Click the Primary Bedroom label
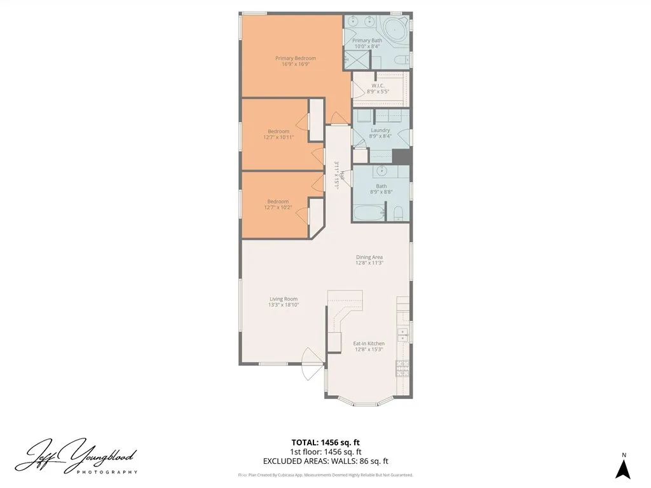click(x=295, y=58)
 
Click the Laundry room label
click(x=380, y=130)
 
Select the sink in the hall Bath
click(x=383, y=171)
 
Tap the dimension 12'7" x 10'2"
click(x=278, y=207)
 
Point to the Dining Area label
click(x=369, y=257)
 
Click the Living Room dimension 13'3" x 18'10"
click(x=283, y=305)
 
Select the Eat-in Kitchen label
click(x=369, y=344)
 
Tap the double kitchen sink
click(x=403, y=335)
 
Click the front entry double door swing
click(x=312, y=365)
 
